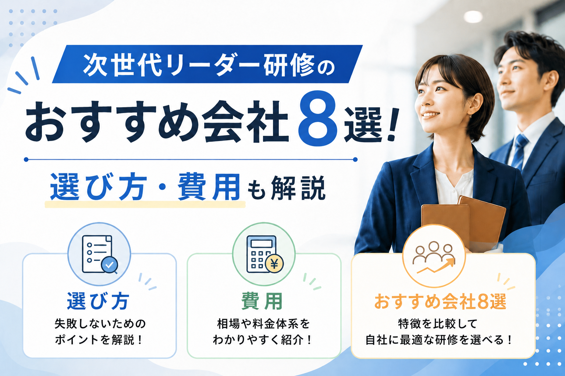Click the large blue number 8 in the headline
pyautogui.click(x=317, y=118)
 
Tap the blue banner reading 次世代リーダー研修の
pyautogui.click(x=207, y=64)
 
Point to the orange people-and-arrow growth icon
pyautogui.click(x=434, y=257)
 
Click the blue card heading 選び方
pyautogui.click(x=98, y=301)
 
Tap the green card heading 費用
pyautogui.click(x=262, y=301)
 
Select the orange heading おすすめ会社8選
pyautogui.click(x=440, y=301)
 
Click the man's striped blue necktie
pyautogui.click(x=520, y=152)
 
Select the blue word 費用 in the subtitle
pyautogui.click(x=209, y=187)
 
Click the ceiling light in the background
pyautogui.click(x=473, y=17)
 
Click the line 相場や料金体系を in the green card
pyautogui.click(x=263, y=324)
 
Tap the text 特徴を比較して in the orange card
pyautogui.click(x=438, y=324)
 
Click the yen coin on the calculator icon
pyautogui.click(x=274, y=264)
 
